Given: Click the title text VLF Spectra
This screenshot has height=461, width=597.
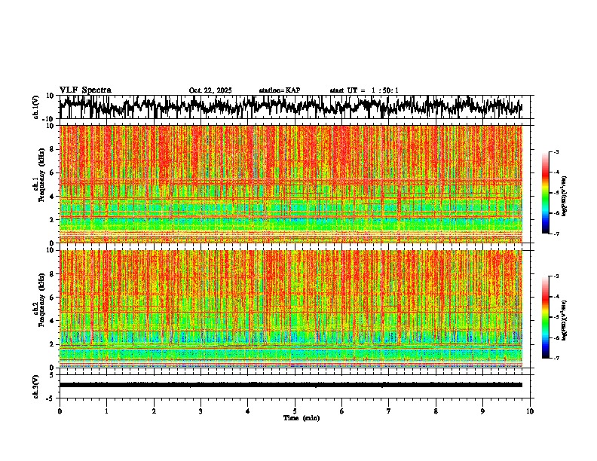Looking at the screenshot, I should point(85,90).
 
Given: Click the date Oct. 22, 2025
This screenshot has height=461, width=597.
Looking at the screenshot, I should point(210,90).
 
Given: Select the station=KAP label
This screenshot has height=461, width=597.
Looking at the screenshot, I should point(280,90).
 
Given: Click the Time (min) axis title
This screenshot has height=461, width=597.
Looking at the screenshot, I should point(301,418).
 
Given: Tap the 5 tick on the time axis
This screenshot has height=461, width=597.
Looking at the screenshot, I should point(295,411).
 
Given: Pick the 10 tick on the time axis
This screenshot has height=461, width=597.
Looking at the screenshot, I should point(530,411).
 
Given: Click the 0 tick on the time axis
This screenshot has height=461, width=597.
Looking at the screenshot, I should point(60,411).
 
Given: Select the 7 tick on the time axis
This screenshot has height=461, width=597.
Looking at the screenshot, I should point(389,411).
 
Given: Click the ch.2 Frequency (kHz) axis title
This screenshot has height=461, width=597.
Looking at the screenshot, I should point(38,307).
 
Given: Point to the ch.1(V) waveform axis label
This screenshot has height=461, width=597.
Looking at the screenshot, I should point(36,107).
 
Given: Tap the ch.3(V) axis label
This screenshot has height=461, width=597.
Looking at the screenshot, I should point(36,385).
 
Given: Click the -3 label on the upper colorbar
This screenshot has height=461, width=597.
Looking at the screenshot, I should point(556,152).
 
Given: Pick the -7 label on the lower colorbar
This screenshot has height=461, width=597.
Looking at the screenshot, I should point(556,359).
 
